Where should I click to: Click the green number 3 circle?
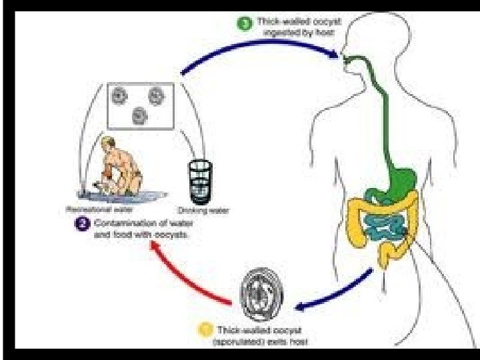pyautogui.click(x=245, y=24)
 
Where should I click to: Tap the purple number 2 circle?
pyautogui.click(x=83, y=224)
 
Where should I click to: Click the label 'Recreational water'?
pyautogui.click(x=94, y=209)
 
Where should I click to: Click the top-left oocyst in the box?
pyautogui.click(x=119, y=96)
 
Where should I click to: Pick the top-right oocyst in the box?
pyautogui.click(x=156, y=97)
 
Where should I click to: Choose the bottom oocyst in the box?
pyautogui.click(x=139, y=116)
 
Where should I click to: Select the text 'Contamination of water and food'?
pyautogui.click(x=139, y=229)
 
